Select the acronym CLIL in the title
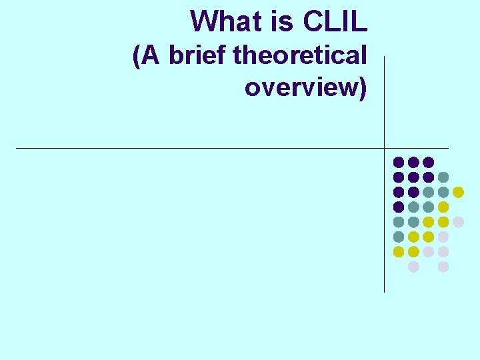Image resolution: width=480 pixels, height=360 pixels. (335, 21)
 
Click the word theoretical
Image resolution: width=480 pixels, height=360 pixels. (300, 55)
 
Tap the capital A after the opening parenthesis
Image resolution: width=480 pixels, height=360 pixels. (151, 55)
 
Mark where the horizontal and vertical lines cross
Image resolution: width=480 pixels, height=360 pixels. (385, 148)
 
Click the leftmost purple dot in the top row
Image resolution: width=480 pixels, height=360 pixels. (399, 162)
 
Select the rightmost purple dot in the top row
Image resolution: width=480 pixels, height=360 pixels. (429, 162)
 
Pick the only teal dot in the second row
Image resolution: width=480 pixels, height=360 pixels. (443, 177)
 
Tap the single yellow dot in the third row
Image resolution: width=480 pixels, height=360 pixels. (458, 192)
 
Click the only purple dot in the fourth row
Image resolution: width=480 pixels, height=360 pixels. (399, 207)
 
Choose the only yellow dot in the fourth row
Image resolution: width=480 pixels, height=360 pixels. (443, 207)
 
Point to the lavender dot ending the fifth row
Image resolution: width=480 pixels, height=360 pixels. (458, 222)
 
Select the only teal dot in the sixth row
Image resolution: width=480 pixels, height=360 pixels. (399, 237)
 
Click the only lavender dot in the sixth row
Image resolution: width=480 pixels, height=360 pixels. (443, 237)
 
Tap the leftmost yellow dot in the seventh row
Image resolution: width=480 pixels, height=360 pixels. (399, 251)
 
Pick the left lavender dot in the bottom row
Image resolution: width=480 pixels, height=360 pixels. (413, 267)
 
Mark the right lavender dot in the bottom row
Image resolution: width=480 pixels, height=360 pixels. (443, 267)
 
